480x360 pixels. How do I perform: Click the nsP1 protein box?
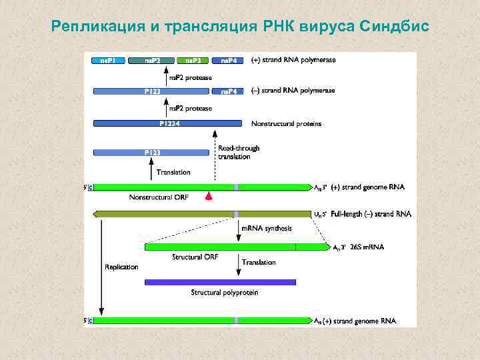pyautogui.click(x=108, y=60)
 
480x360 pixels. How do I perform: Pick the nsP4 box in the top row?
pyautogui.click(x=229, y=60)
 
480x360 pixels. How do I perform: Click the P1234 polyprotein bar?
pyautogui.click(x=167, y=123)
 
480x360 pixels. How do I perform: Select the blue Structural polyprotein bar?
pyautogui.click(x=220, y=282)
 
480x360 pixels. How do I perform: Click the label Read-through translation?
pyautogui.click(x=239, y=153)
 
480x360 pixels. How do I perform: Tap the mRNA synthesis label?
pyautogui.click(x=267, y=229)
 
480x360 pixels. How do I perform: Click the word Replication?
pyautogui.click(x=121, y=267)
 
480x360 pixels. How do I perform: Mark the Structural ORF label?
pyautogui.click(x=195, y=257)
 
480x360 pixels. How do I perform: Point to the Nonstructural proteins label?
pyautogui.click(x=286, y=123)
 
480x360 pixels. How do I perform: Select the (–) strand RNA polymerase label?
pyautogui.click(x=293, y=91)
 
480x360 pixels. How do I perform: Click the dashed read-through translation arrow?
pyautogui.click(x=215, y=163)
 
